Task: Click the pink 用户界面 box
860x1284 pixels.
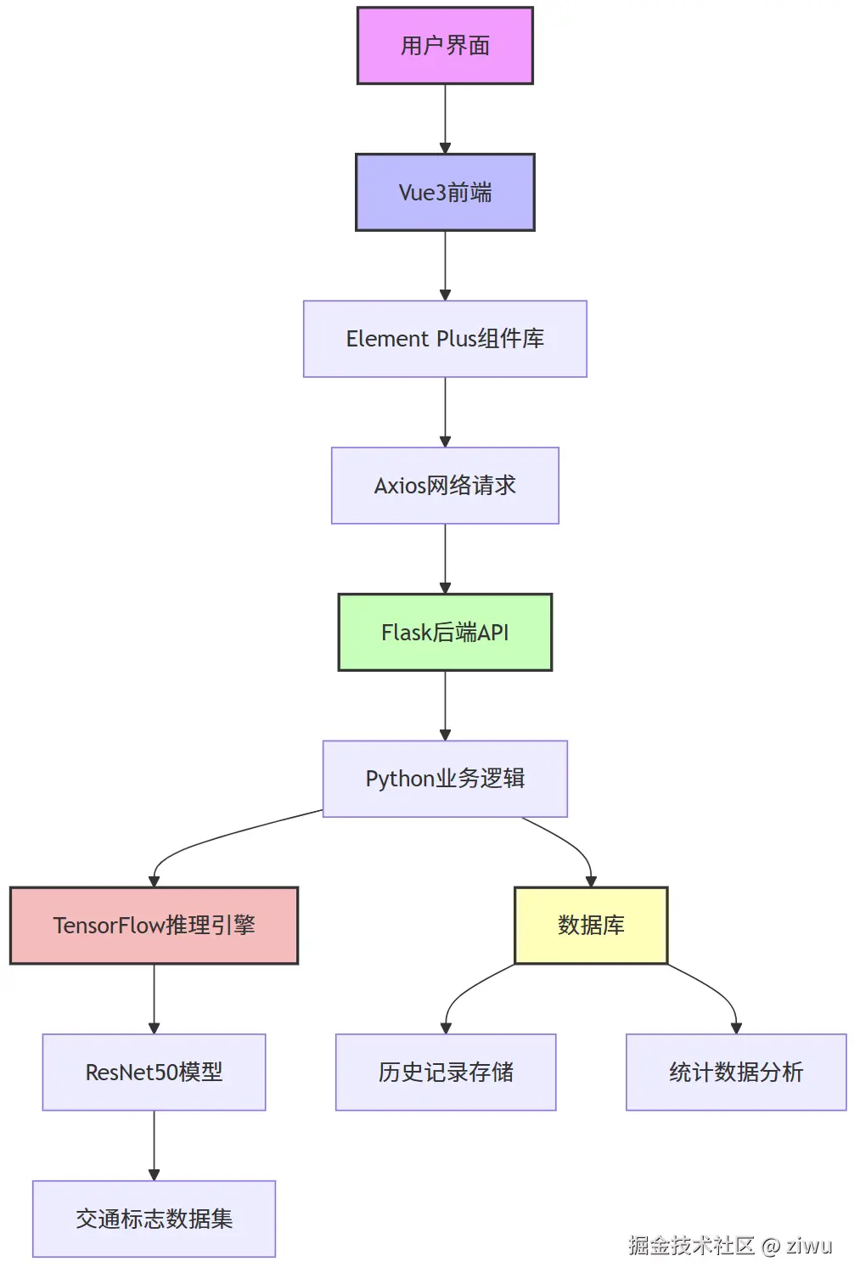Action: click(x=445, y=46)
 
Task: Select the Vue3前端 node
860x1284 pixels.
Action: click(x=445, y=193)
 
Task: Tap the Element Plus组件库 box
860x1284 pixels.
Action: click(x=445, y=339)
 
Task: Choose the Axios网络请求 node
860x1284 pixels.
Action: click(x=445, y=486)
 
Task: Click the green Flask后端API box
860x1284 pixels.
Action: click(x=445, y=633)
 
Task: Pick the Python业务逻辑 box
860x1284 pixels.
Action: click(x=445, y=779)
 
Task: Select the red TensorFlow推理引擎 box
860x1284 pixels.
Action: click(x=154, y=926)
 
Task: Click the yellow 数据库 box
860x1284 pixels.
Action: click(x=591, y=926)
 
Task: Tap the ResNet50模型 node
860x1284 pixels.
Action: click(x=154, y=1073)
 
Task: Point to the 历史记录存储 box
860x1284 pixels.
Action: click(x=446, y=1073)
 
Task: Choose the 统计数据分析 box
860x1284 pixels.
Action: click(x=736, y=1073)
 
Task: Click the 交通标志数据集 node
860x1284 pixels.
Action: click(x=154, y=1219)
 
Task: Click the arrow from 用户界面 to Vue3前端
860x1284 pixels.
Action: click(x=445, y=119)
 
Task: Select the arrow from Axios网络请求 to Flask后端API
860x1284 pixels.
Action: click(x=445, y=559)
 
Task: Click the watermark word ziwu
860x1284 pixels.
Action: click(x=809, y=1246)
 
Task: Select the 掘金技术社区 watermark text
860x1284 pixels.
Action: click(x=691, y=1246)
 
